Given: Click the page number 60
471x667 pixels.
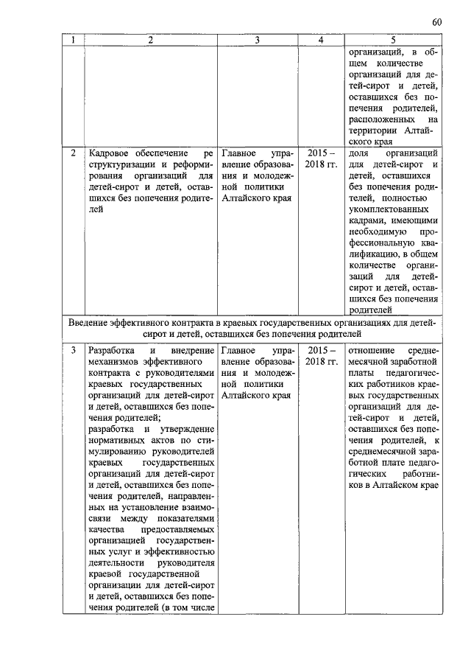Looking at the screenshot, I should point(437,22).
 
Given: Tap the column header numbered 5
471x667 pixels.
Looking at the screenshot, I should point(394,41).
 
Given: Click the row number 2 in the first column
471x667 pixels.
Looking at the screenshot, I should point(73,153).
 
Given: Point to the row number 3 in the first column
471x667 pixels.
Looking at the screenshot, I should point(73,350).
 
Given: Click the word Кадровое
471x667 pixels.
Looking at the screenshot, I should point(110,153).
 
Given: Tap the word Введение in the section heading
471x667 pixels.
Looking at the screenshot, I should point(93,323).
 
